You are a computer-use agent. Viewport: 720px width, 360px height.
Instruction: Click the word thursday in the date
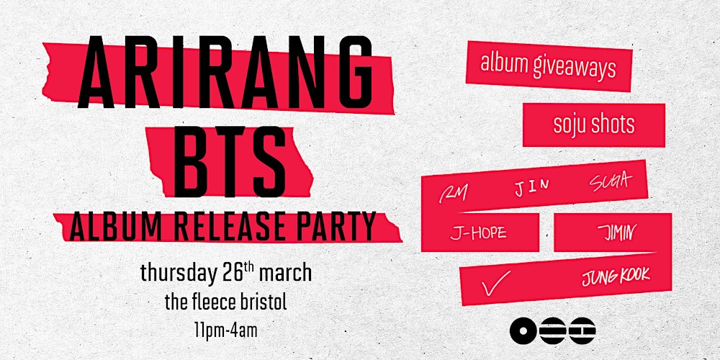point(177,274)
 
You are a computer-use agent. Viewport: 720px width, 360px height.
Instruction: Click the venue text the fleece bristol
point(225,302)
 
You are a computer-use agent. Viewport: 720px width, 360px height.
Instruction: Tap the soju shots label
point(594,125)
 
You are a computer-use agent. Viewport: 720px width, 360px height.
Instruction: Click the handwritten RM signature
point(454,192)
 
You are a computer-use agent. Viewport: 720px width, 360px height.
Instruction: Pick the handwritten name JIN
point(532,186)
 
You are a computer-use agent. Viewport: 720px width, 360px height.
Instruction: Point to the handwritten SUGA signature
point(608,181)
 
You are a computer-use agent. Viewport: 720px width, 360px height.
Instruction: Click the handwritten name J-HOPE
point(478,233)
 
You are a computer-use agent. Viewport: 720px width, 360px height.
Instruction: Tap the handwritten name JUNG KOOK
point(616,275)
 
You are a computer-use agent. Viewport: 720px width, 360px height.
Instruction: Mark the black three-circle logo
point(552,330)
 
